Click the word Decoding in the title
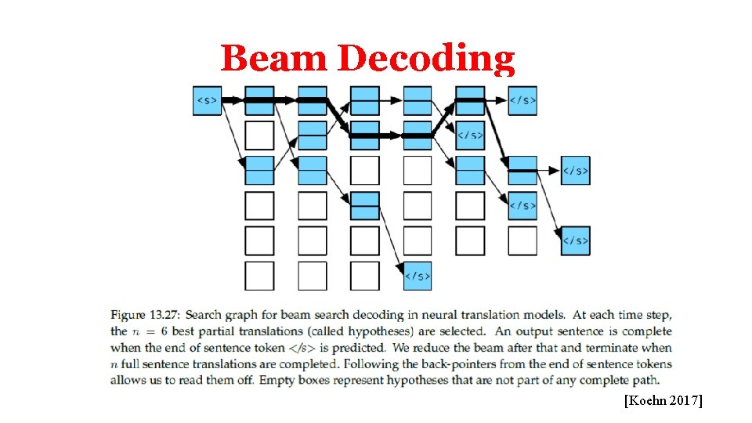pyautogui.click(x=428, y=59)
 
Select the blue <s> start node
pyautogui.click(x=208, y=100)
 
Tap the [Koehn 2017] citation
pyautogui.click(x=663, y=401)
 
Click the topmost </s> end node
pyautogui.click(x=522, y=100)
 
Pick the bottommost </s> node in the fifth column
pyautogui.click(x=418, y=276)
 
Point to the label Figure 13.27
pyautogui.click(x=145, y=315)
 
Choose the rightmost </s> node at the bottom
pyautogui.click(x=576, y=240)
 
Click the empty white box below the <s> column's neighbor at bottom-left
pyautogui.click(x=259, y=276)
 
